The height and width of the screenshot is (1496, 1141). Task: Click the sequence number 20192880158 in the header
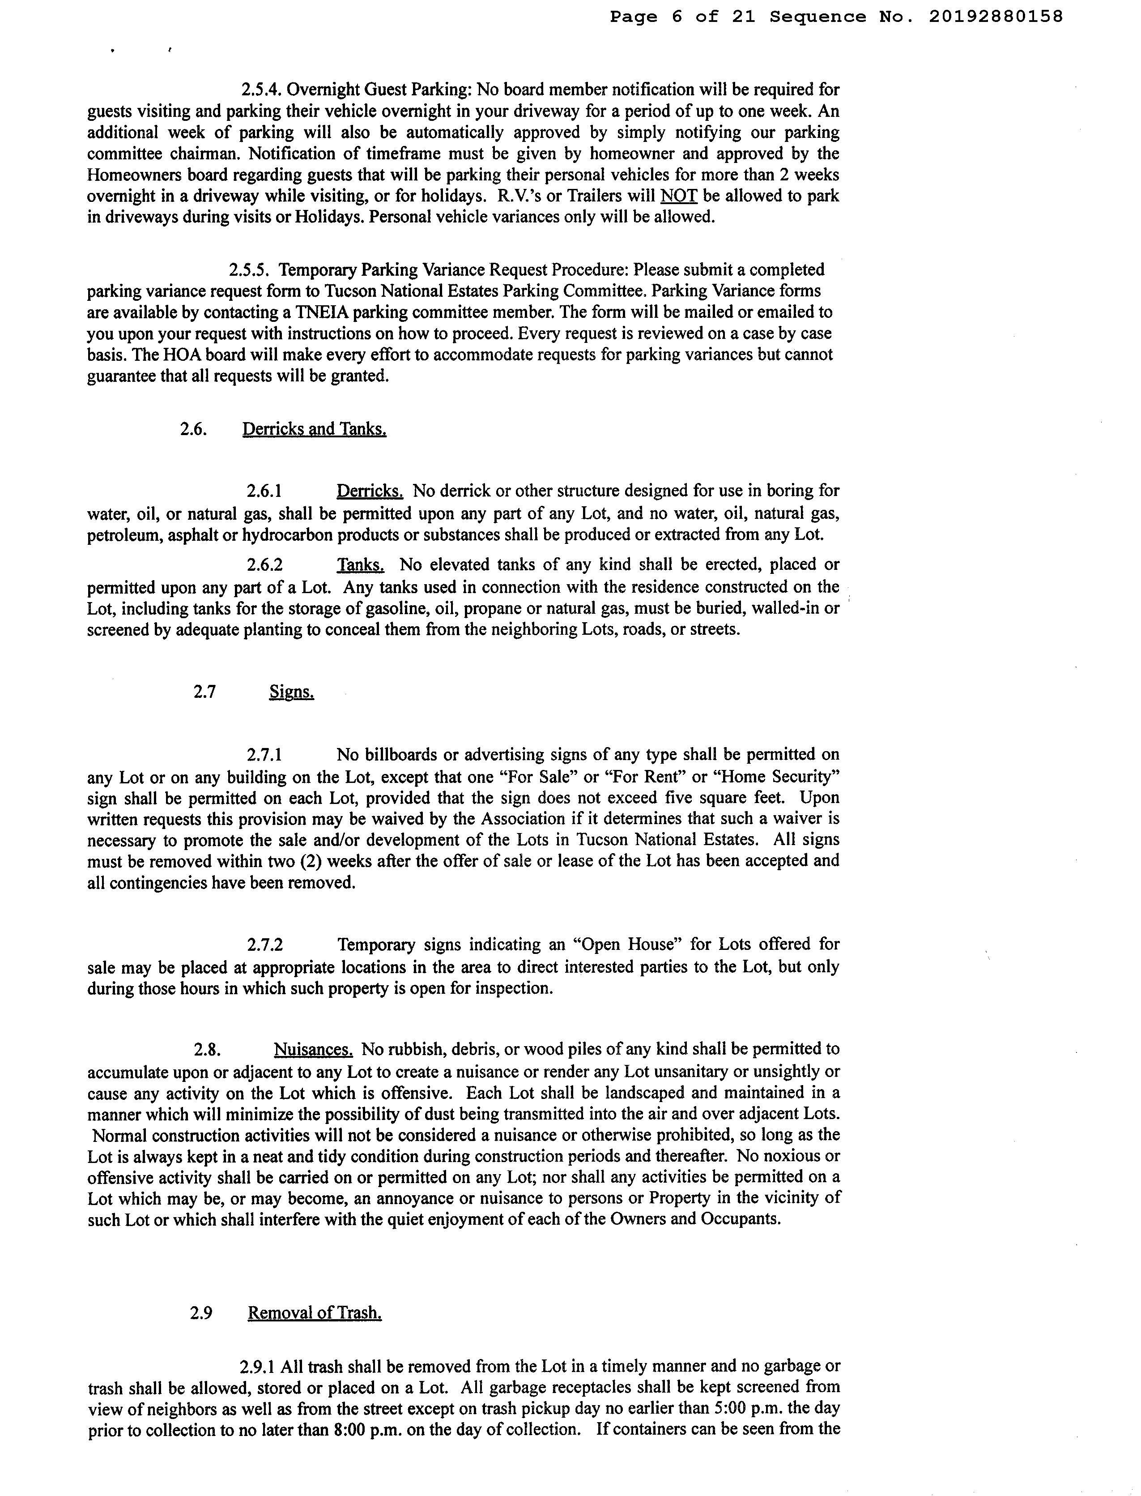[x=995, y=17]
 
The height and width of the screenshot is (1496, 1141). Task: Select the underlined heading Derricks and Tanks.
[x=315, y=429]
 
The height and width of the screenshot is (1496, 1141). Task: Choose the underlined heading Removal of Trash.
[x=315, y=1312]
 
